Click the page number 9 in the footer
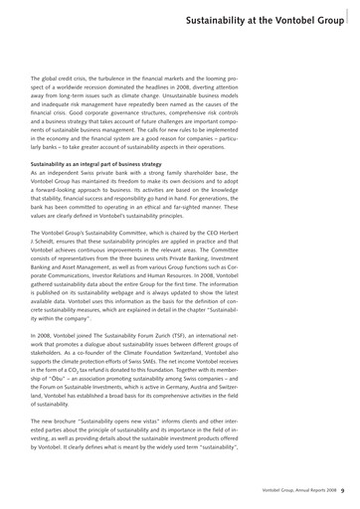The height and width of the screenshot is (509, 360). click(x=342, y=489)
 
